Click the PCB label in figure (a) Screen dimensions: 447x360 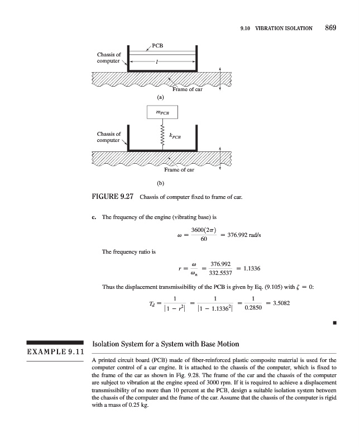pyautogui.click(x=158, y=44)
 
